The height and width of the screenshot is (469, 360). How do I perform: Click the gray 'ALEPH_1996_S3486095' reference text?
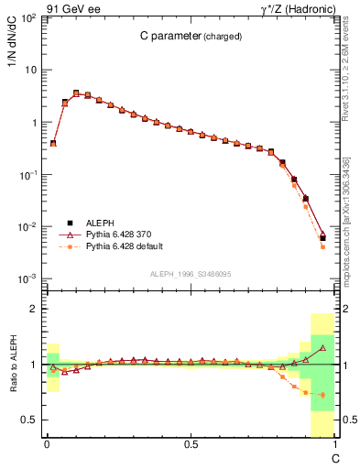pyautogui.click(x=190, y=274)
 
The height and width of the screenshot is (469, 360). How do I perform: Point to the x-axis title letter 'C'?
pyautogui.click(x=334, y=457)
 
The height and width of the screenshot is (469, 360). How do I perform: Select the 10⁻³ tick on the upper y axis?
pyautogui.click(x=29, y=278)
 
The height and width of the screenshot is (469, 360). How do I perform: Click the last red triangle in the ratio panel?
pyautogui.click(x=322, y=348)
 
